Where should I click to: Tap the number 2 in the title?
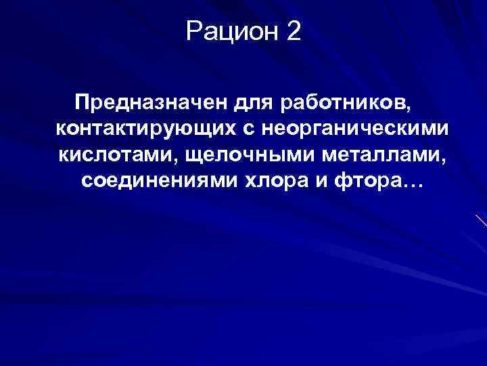(x=293, y=31)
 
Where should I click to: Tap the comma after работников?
(x=407, y=110)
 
